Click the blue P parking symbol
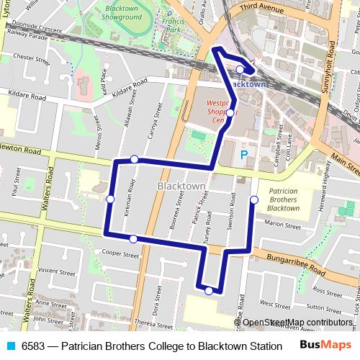[x=243, y=154]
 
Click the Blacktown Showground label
[x=121, y=11]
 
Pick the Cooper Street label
[x=120, y=253]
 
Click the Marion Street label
[x=282, y=224]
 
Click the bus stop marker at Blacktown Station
[x=240, y=69]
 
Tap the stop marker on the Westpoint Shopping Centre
[x=230, y=113]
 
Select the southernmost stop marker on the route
[x=209, y=291]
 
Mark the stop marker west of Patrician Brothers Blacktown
[x=253, y=199]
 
